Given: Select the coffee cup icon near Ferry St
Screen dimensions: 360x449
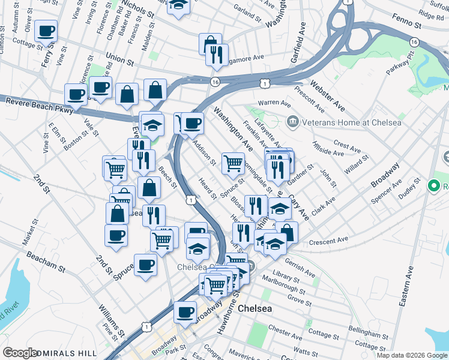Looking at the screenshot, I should click(x=46, y=31).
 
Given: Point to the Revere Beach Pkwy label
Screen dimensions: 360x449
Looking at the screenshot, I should click(x=40, y=106).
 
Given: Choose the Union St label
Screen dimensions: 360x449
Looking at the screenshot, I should click(x=119, y=58).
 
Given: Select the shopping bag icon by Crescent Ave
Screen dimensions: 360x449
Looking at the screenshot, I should click(x=287, y=232).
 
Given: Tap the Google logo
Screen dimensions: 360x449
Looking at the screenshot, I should click(x=20, y=352).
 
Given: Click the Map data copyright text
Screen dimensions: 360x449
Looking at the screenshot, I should click(x=411, y=355).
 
